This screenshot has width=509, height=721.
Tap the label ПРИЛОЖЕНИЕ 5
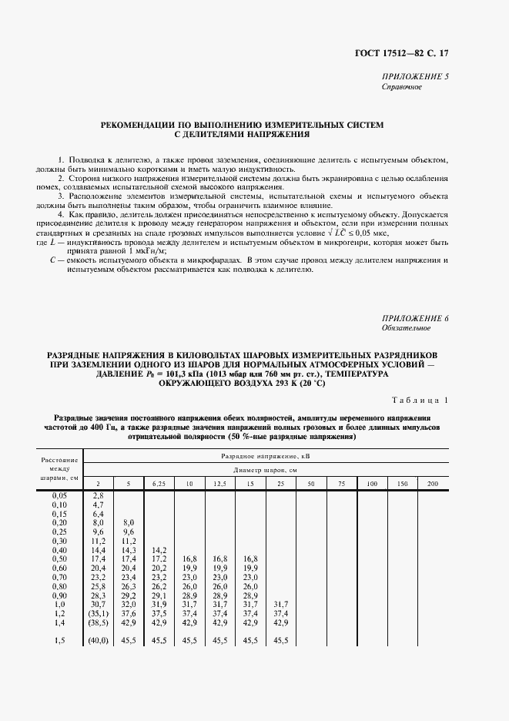pyautogui.click(x=414, y=78)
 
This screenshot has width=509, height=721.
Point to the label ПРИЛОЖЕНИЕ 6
pyautogui.click(x=414, y=318)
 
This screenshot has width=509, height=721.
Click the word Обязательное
pyautogui.click(x=406, y=328)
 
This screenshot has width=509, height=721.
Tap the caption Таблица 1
pyautogui.click(x=416, y=401)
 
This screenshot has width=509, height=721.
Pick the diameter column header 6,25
pyautogui.click(x=159, y=483)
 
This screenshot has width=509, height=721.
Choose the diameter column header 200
pyautogui.click(x=432, y=483)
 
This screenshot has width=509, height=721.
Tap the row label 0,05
pyautogui.click(x=59, y=495)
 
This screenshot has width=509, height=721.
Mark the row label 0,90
pyautogui.click(x=59, y=595)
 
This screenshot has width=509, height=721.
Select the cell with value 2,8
pyautogui.click(x=98, y=495)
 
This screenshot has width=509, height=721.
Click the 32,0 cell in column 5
pyautogui.click(x=129, y=604)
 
